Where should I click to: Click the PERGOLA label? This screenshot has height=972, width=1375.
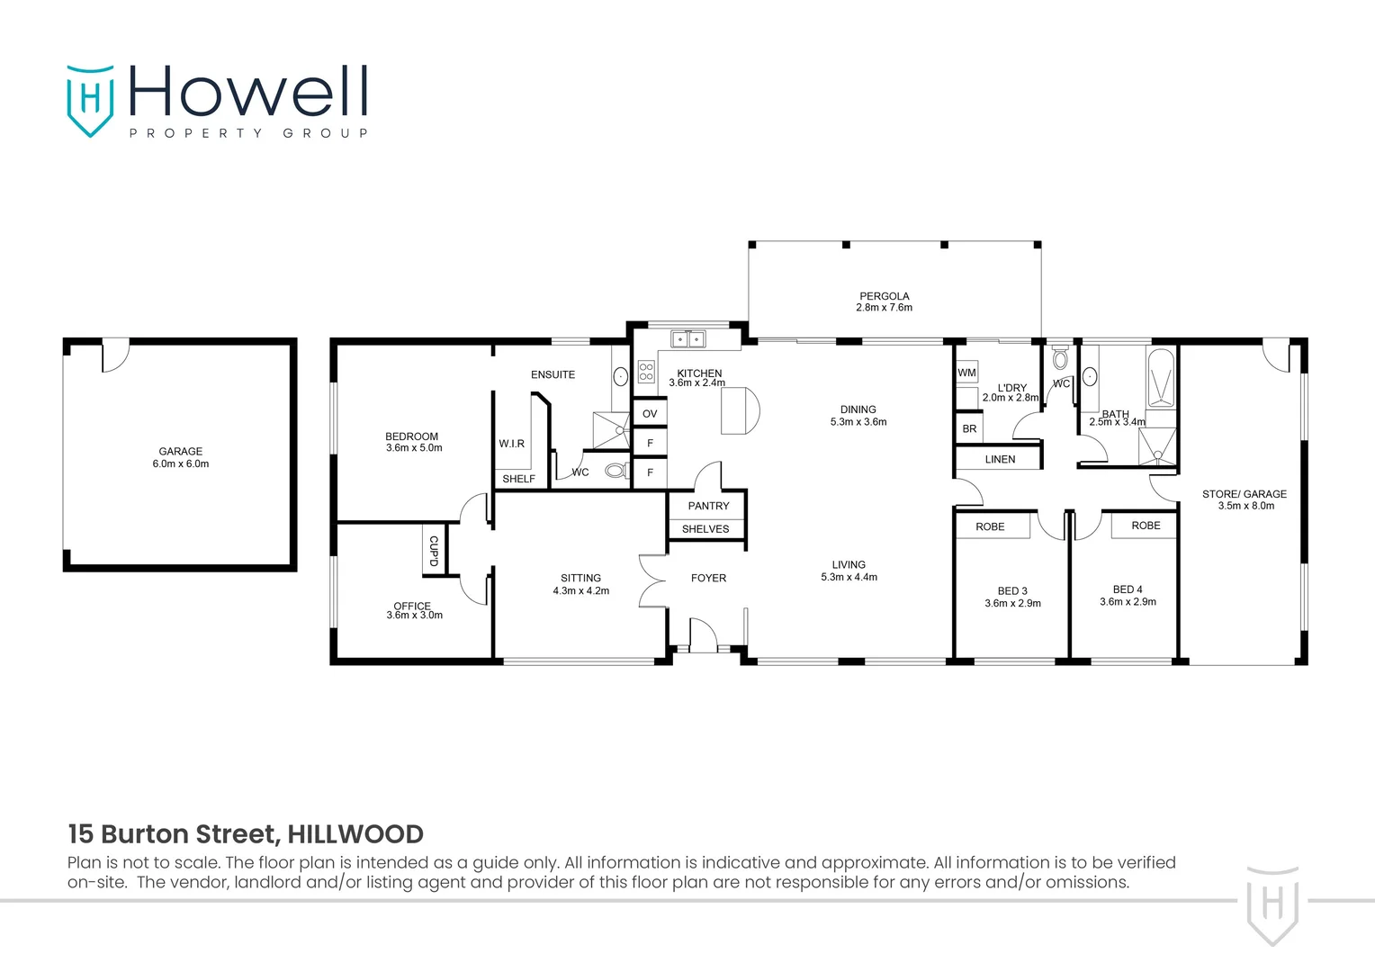coord(884,296)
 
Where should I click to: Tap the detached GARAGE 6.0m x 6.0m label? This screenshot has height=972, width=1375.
coord(180,457)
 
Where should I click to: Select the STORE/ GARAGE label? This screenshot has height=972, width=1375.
coord(1244,494)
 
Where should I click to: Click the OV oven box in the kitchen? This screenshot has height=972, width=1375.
coord(650,414)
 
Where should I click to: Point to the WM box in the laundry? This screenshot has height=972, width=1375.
coord(966,373)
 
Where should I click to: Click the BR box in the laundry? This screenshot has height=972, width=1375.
coord(969,429)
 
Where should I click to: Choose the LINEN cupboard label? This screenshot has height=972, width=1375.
coord(1000,459)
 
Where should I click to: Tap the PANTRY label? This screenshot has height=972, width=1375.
coord(708,506)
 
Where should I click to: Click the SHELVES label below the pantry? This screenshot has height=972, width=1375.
coord(705,529)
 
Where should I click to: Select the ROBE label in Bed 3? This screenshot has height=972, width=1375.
coord(990,526)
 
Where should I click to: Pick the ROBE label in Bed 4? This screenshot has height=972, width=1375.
coord(1146,526)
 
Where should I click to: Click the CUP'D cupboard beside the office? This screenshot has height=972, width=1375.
coord(433,551)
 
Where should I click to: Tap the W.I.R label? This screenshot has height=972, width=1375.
coord(511,444)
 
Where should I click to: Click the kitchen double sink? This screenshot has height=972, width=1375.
coord(688,339)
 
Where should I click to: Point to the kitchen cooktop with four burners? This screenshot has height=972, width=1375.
coord(646,371)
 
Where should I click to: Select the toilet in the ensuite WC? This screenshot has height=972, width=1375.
coord(616,470)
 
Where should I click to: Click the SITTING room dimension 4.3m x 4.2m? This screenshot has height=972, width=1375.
coord(580,591)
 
